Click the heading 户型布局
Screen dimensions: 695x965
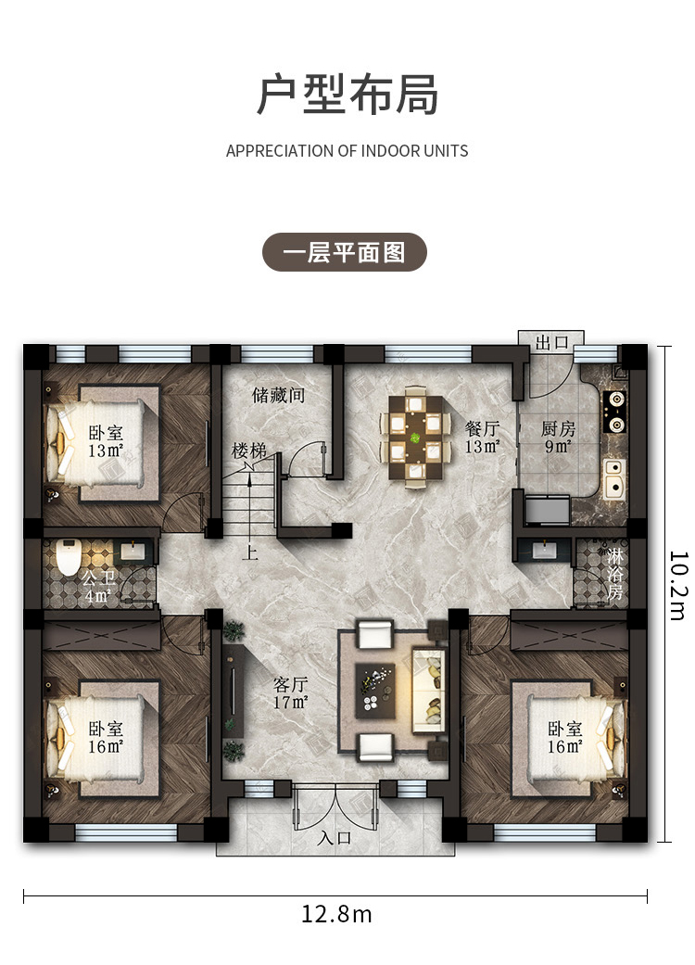347,95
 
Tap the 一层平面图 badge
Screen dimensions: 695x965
345,252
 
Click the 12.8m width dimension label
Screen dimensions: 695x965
336,914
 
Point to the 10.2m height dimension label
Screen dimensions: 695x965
677,586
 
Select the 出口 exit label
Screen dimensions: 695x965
551,342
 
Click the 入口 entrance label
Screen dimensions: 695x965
335,838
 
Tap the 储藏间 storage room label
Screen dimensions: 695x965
279,395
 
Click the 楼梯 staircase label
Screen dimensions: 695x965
249,451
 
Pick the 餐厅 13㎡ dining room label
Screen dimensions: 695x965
482,437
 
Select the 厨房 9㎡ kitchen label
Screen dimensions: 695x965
558,437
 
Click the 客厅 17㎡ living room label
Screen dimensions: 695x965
291,693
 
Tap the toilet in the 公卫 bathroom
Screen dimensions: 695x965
68,556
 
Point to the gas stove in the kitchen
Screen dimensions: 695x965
615,411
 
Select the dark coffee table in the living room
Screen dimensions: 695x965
375,691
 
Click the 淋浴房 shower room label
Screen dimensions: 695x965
614,574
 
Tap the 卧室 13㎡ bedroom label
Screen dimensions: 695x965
106,441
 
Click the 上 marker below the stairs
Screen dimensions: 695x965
249,552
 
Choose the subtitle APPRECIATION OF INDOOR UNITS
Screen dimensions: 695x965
347,151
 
